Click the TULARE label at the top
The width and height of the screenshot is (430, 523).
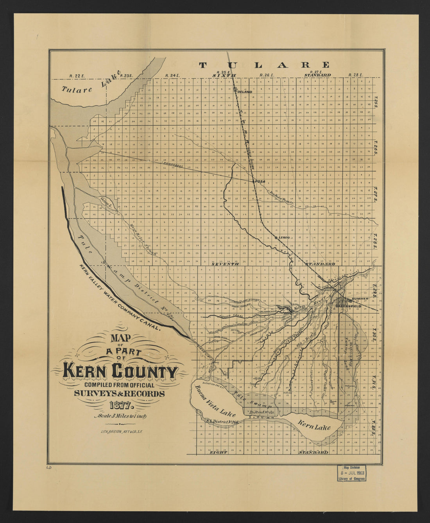tap(265, 65)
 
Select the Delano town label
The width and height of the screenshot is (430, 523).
tap(245, 92)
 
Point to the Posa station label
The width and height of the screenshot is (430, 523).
tap(260, 182)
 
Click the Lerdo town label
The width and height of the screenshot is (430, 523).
tap(284, 237)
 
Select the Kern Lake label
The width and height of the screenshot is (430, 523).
tap(315, 425)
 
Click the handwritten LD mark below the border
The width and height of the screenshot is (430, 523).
tap(49, 467)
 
